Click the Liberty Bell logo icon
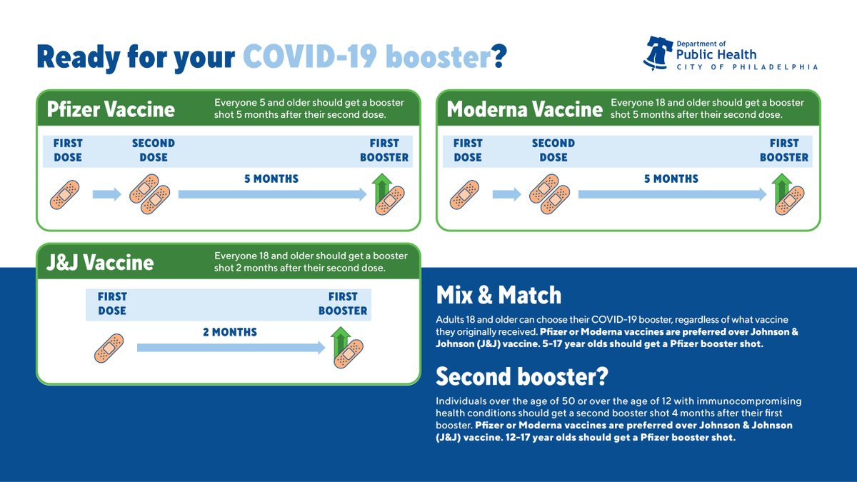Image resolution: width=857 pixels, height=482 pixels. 658,53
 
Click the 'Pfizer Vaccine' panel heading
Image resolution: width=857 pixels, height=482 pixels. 111,109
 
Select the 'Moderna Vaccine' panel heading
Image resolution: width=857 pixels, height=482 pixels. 524,109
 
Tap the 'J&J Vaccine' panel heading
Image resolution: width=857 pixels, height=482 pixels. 100,263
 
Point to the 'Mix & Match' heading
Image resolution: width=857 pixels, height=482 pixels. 498,295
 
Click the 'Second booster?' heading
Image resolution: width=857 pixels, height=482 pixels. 522,376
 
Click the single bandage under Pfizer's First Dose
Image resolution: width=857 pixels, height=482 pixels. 65,195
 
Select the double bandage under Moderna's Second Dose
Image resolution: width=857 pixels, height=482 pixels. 549,194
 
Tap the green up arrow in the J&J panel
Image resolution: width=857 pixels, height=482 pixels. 341,341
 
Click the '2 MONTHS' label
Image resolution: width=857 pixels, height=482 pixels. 230,332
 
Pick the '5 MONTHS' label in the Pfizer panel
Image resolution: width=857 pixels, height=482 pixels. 271,179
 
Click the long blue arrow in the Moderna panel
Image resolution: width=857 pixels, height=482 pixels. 672,194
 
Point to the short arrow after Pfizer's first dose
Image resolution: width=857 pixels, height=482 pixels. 106,194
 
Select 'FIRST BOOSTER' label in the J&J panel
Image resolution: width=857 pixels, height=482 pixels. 343,303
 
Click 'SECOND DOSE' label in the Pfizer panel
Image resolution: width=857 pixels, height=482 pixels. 154,151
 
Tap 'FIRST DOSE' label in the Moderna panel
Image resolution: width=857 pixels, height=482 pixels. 468,151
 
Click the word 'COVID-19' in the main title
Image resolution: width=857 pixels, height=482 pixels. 310,56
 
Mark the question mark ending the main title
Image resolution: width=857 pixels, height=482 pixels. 498,56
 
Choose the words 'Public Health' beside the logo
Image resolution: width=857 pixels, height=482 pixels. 716,55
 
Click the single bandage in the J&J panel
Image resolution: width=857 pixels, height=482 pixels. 109,348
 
